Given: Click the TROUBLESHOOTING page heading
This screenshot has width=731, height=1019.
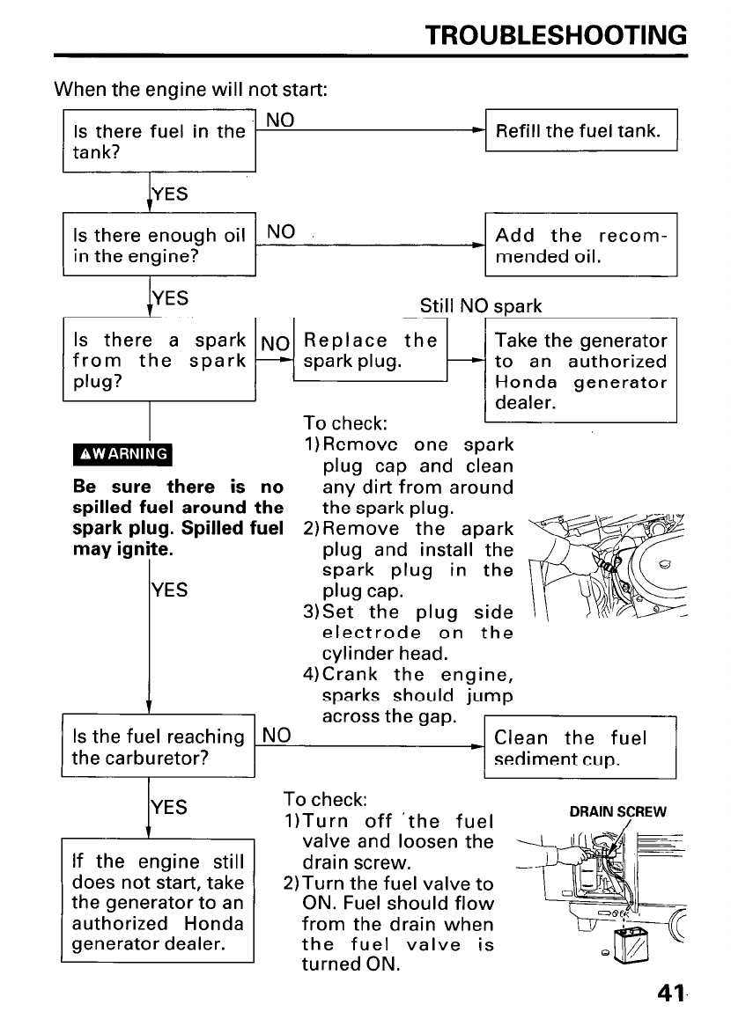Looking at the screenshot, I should (555, 34).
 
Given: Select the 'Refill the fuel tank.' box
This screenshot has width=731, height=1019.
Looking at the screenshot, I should (581, 131).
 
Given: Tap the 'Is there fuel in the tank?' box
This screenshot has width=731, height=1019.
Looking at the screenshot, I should (159, 141).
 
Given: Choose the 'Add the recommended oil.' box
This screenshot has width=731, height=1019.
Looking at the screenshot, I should (581, 246).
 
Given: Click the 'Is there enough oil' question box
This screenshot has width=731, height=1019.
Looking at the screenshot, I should (159, 246).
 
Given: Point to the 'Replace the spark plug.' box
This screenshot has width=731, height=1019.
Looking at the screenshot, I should (371, 350).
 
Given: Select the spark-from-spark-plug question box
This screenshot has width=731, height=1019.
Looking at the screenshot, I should (159, 361).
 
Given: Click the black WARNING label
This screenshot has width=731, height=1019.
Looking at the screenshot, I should (125, 454).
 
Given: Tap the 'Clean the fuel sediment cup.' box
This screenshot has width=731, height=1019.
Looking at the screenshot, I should (580, 748).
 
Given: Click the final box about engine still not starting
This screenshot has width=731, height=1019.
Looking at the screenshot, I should (159, 904).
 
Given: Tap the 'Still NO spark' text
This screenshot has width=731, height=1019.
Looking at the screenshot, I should (481, 306).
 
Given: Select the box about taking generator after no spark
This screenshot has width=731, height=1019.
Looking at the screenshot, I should (581, 371).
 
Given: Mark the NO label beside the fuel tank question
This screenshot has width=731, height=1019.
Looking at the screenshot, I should (280, 119).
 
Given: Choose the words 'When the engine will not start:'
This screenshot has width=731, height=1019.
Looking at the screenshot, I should (192, 90).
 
